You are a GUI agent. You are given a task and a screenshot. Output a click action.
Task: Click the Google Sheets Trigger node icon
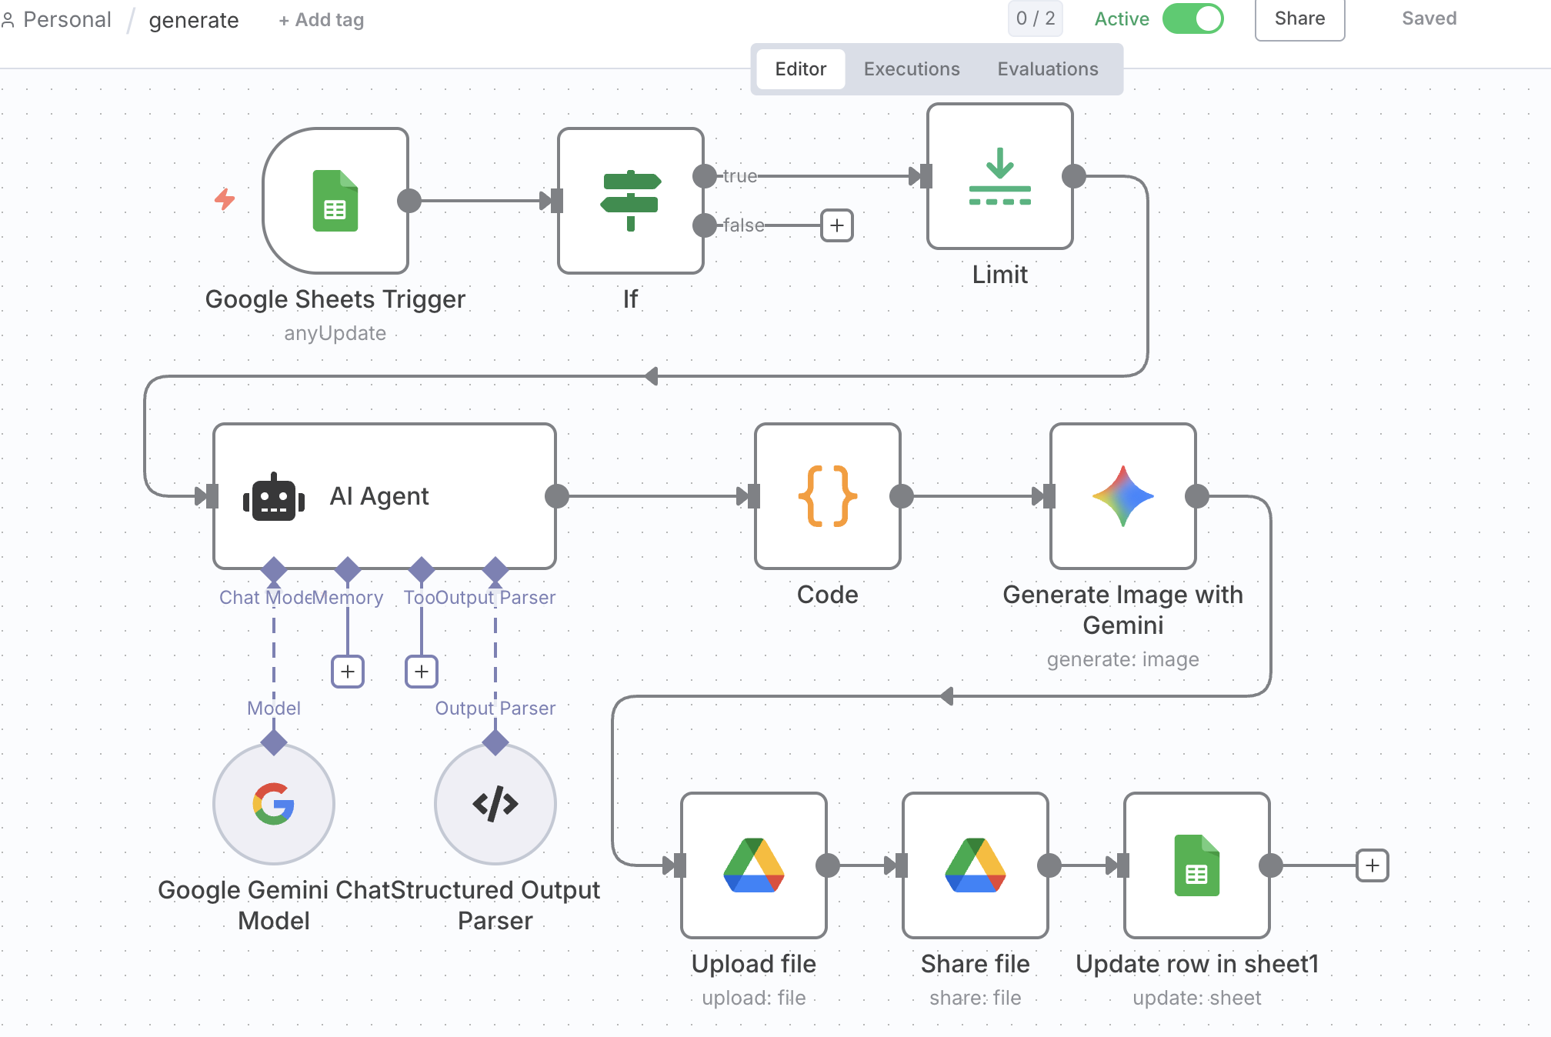click(335, 201)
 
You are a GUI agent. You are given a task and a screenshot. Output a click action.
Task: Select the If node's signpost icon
click(631, 201)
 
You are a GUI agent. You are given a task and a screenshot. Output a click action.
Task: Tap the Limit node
click(1000, 176)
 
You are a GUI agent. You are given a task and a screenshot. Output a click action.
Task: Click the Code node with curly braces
click(828, 496)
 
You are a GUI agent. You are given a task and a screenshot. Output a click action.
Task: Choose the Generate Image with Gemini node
click(1123, 496)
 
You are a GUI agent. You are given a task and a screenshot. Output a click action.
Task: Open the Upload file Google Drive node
click(754, 865)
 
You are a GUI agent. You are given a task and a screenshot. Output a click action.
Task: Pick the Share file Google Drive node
click(976, 865)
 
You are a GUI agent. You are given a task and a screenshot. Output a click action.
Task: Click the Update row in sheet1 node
click(1197, 865)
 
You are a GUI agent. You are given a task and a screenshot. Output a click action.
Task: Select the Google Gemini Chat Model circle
click(274, 804)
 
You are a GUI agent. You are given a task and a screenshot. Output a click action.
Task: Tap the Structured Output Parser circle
click(495, 804)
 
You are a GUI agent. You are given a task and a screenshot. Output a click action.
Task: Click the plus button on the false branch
click(837, 225)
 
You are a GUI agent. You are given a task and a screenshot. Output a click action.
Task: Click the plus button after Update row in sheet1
click(1373, 865)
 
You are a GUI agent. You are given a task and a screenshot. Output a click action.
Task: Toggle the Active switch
click(1193, 19)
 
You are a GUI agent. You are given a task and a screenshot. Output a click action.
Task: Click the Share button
click(1299, 19)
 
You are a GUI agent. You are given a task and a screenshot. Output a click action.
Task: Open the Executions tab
click(912, 69)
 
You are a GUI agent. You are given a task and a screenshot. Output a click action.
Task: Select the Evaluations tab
click(1048, 69)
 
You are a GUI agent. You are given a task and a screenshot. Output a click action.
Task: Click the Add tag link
click(322, 20)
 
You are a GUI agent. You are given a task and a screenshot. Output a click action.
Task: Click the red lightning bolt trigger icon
click(225, 199)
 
